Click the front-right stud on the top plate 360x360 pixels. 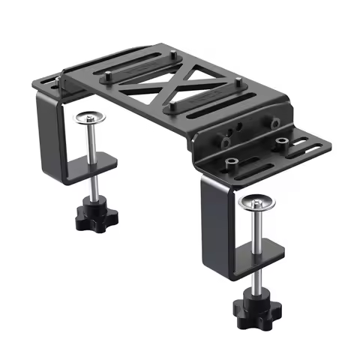(x=238, y=81)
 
